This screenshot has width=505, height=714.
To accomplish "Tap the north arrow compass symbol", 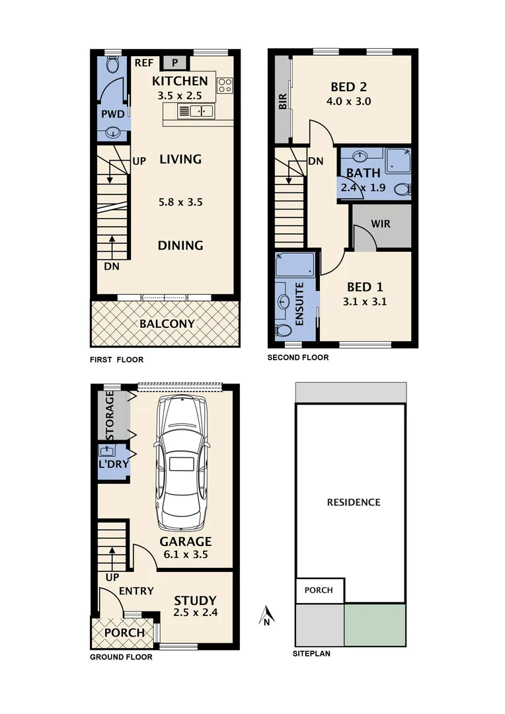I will pyautogui.click(x=265, y=616).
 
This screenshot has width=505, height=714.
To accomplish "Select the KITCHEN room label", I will pyautogui.click(x=180, y=81).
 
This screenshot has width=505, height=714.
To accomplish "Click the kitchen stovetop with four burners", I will pyautogui.click(x=225, y=85).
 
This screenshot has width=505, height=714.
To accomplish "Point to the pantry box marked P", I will pyautogui.click(x=175, y=63).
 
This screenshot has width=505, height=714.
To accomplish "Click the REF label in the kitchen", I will pyautogui.click(x=143, y=63).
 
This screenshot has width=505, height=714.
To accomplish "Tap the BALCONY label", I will pyautogui.click(x=167, y=323).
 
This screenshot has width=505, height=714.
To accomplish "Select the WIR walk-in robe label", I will pyautogui.click(x=381, y=224).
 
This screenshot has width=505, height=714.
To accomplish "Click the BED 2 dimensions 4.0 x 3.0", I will pyautogui.click(x=348, y=102).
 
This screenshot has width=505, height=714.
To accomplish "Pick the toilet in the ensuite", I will pyautogui.click(x=282, y=330).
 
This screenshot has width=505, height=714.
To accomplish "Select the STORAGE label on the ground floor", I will pyautogui.click(x=110, y=416).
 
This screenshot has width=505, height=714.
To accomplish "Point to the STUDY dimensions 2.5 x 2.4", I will pyautogui.click(x=195, y=613).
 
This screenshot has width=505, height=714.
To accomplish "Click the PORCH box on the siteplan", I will pyautogui.click(x=319, y=590).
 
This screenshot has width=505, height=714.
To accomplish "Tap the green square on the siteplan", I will pyautogui.click(x=374, y=625).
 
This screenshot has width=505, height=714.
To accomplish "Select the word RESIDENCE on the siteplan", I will pyautogui.click(x=354, y=502).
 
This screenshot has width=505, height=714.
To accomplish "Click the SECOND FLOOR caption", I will pyautogui.click(x=297, y=358).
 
